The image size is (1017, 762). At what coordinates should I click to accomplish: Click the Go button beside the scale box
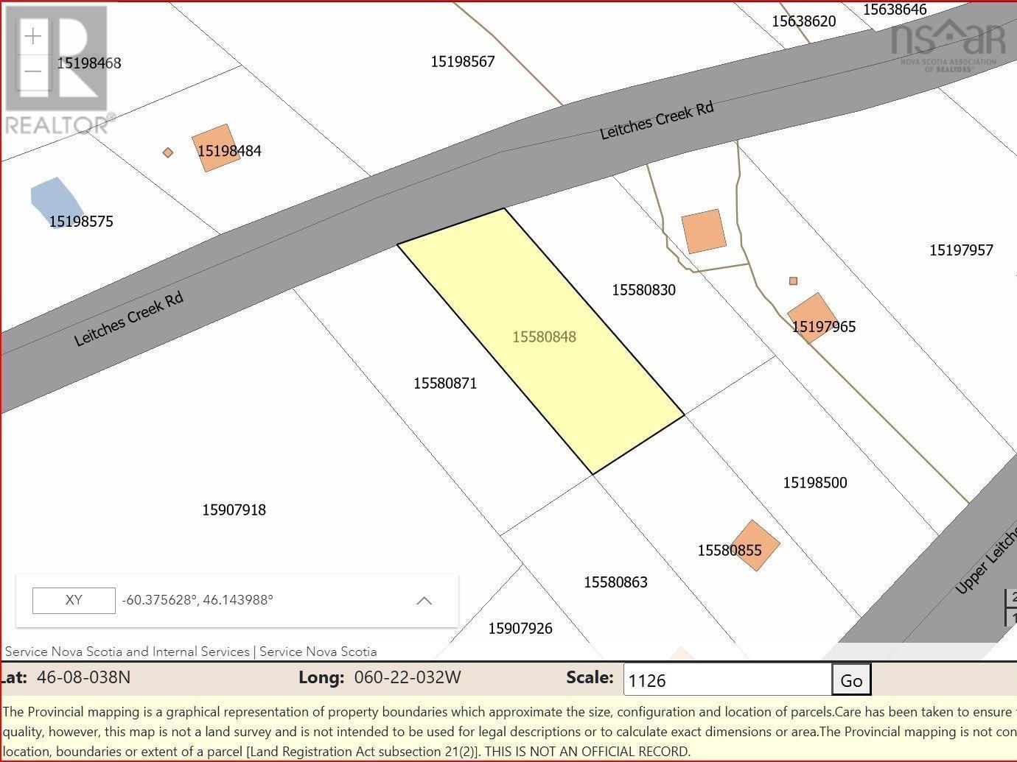851,680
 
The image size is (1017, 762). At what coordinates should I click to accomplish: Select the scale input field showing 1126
727,680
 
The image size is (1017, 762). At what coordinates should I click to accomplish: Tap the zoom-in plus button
33,36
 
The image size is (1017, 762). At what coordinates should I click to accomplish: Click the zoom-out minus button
33,71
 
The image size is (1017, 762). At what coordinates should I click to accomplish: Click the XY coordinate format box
74,600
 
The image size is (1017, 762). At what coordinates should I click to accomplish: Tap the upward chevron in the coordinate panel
424,601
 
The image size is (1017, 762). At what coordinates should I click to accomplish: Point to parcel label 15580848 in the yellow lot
544,337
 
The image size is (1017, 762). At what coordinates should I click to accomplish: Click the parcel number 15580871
445,384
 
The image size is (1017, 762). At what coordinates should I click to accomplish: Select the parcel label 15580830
643,290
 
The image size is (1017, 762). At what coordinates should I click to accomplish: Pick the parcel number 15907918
234,510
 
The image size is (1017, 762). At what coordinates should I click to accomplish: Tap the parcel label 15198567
463,62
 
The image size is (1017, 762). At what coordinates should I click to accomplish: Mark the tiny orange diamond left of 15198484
168,152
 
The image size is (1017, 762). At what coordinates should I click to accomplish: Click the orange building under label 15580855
753,546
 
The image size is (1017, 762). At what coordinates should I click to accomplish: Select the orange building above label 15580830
704,231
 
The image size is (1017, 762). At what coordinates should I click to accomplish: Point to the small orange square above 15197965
793,281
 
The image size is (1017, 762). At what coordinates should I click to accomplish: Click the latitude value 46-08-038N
83,677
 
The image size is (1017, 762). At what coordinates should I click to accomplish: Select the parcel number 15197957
961,250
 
